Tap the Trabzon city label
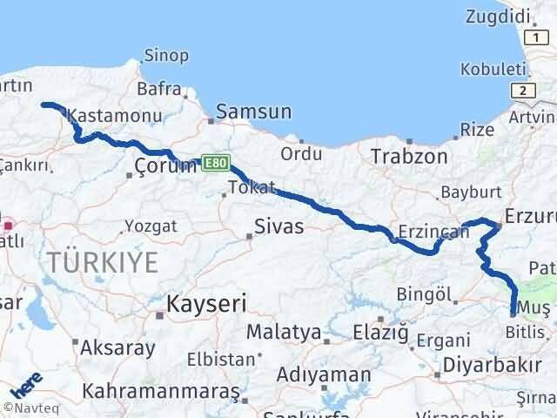click(x=409, y=157)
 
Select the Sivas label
click(x=278, y=227)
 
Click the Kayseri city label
click(x=207, y=304)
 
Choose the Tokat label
click(x=252, y=187)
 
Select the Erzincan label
click(x=428, y=233)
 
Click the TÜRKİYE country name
click(x=104, y=260)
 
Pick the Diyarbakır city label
click(x=487, y=363)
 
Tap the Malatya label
click(x=284, y=332)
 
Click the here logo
click(x=27, y=386)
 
